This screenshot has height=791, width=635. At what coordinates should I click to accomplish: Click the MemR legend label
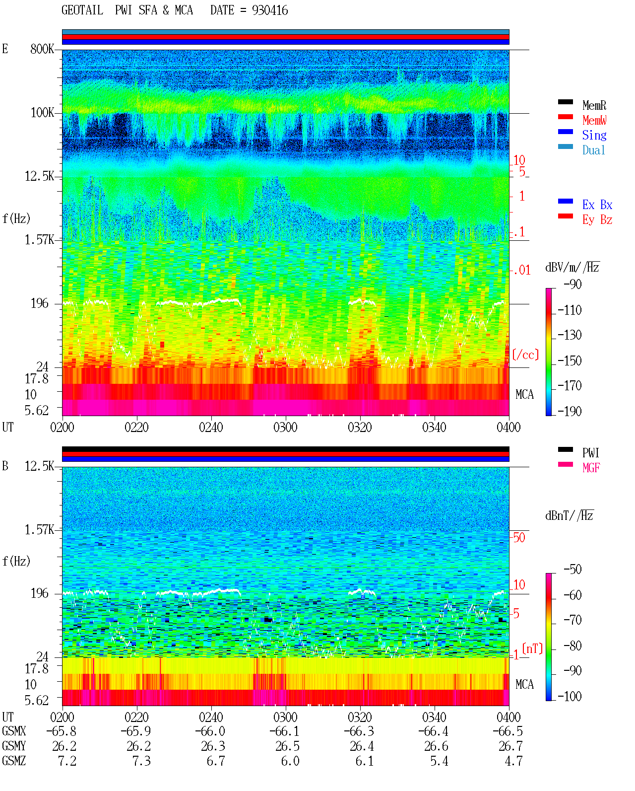tap(594, 105)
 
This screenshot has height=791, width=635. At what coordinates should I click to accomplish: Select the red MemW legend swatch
tap(565, 117)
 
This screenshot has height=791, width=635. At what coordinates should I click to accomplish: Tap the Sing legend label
tap(594, 135)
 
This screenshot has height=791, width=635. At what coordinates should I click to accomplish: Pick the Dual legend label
tap(593, 150)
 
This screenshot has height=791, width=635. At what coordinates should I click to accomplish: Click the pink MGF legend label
tap(591, 468)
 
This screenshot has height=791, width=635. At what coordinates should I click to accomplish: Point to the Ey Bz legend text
tap(597, 220)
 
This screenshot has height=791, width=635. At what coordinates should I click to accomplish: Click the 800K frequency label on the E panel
tap(42, 49)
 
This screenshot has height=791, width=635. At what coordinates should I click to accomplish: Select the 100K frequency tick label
tap(42, 113)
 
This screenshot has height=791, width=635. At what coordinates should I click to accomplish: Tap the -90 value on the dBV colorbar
tap(572, 284)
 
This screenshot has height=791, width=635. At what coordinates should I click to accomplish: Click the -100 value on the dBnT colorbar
tap(570, 696)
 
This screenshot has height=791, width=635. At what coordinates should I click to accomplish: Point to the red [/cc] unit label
tap(525, 355)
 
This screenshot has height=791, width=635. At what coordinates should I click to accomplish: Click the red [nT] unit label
tap(532, 648)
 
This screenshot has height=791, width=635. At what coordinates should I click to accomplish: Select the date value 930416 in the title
tap(270, 10)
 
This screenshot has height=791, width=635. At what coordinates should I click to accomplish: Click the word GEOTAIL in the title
tap(82, 10)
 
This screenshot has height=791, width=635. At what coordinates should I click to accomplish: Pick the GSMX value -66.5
tap(508, 731)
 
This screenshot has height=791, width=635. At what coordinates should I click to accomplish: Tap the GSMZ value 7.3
tap(141, 761)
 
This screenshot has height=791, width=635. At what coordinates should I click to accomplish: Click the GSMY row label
tap(14, 746)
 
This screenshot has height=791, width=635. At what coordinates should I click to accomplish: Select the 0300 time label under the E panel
tap(285, 428)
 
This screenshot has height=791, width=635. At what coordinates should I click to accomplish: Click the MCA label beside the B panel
tap(524, 684)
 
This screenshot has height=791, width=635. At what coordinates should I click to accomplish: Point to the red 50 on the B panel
tap(519, 538)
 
